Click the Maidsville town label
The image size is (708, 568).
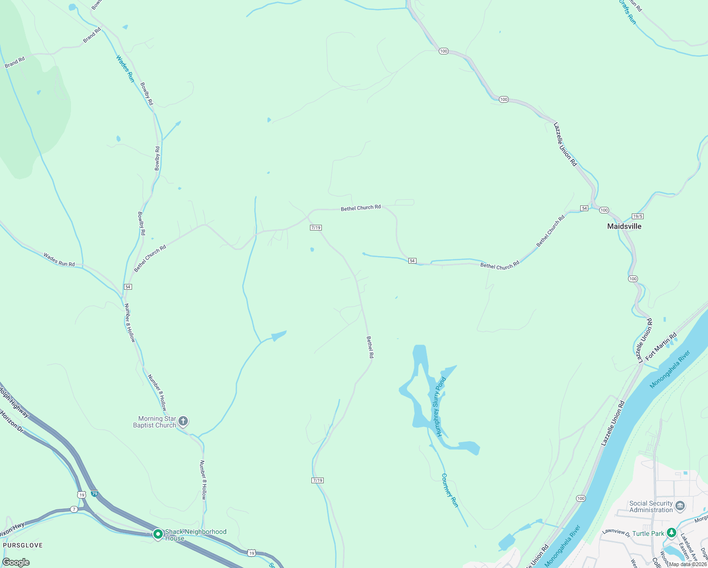(x=624, y=226)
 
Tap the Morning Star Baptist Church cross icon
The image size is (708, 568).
(x=183, y=421)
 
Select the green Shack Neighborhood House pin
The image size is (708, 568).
(x=158, y=534)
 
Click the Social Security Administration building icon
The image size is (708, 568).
(x=680, y=506)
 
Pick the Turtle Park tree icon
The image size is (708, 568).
(x=671, y=533)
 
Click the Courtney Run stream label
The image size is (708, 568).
(x=450, y=490)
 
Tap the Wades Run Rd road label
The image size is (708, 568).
(x=59, y=260)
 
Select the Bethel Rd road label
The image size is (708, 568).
(x=370, y=347)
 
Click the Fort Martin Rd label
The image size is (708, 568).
(x=661, y=346)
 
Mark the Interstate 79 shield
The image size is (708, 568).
(x=95, y=494)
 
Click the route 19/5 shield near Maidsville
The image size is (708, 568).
(x=637, y=215)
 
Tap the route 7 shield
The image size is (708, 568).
(x=74, y=509)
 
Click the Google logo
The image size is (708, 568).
(x=16, y=562)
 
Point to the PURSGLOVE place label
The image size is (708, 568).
(x=22, y=545)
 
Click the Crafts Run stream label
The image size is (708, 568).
(x=627, y=12)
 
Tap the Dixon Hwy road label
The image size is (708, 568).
(x=11, y=529)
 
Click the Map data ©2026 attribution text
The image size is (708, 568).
(x=688, y=564)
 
